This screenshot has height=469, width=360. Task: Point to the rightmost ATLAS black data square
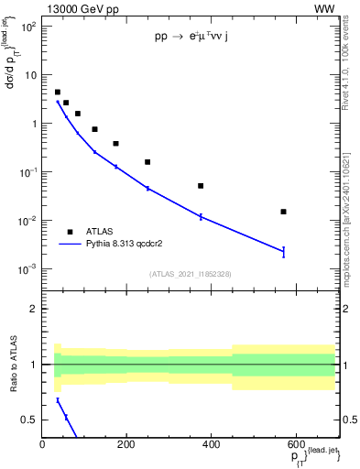point(284,212)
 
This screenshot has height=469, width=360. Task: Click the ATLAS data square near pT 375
point(201,186)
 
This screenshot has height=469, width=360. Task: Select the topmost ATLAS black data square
point(58,93)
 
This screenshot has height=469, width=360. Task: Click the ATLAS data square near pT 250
point(147,162)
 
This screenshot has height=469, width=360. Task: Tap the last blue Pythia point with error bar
point(284,251)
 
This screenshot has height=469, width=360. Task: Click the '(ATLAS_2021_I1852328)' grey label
point(190,274)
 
